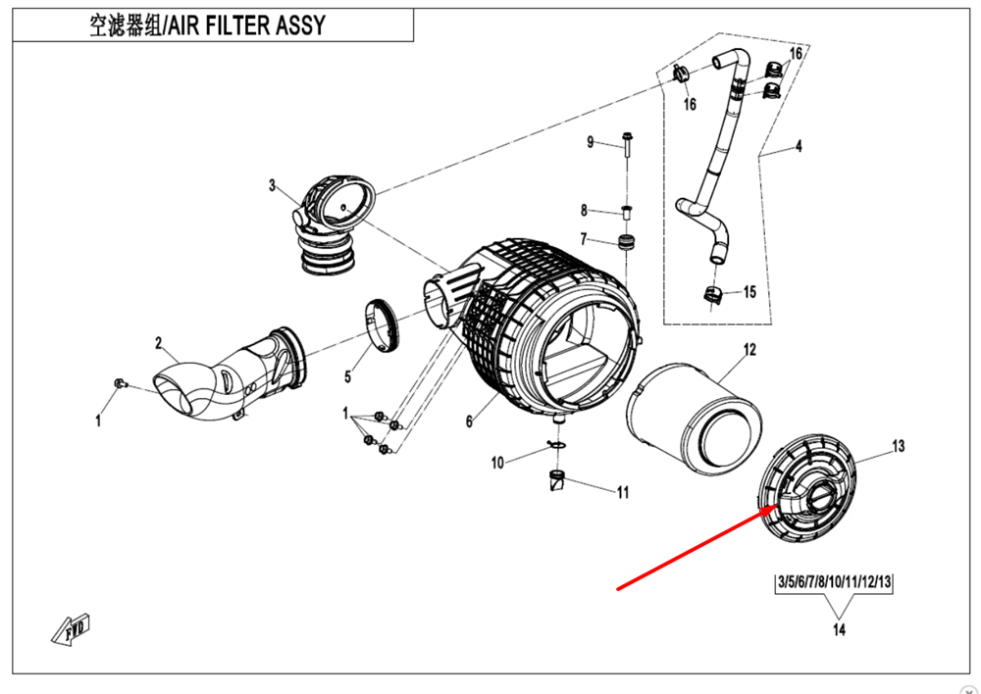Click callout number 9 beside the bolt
pyautogui.click(x=591, y=143)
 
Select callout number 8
pyautogui.click(x=584, y=210)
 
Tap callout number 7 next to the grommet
pyautogui.click(x=584, y=239)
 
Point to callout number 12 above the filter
pyautogui.click(x=749, y=349)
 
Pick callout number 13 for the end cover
pyautogui.click(x=898, y=446)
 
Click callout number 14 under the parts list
pyautogui.click(x=839, y=630)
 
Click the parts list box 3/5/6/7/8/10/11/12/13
pyautogui.click(x=834, y=582)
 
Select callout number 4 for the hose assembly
pyautogui.click(x=799, y=147)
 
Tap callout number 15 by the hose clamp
pyautogui.click(x=749, y=292)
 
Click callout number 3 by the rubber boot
pyautogui.click(x=274, y=184)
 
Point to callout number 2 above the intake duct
pyautogui.click(x=158, y=342)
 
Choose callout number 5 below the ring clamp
pyautogui.click(x=347, y=376)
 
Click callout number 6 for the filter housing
pyautogui.click(x=469, y=421)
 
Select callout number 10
pyautogui.click(x=497, y=462)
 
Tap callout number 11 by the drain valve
pyautogui.click(x=622, y=493)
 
